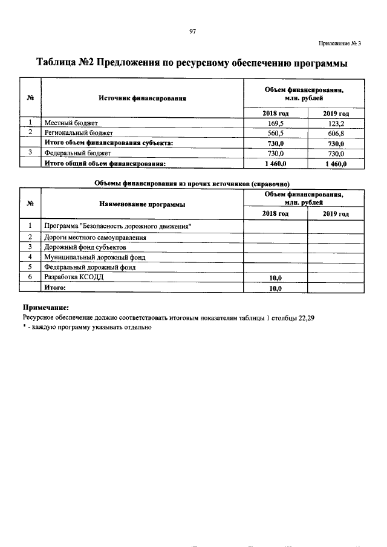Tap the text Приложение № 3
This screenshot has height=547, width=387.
[x=339, y=44]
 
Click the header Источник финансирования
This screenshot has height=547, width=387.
[x=142, y=98]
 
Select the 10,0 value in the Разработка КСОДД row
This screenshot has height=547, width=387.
[x=275, y=277]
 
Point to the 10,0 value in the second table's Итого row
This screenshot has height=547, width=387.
[x=275, y=288]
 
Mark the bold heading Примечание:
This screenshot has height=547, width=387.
[x=46, y=307]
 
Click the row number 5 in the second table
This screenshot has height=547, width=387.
[x=30, y=267]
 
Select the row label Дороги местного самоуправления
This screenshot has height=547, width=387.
[x=95, y=236]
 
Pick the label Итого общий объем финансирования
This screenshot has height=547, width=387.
[x=105, y=164]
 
